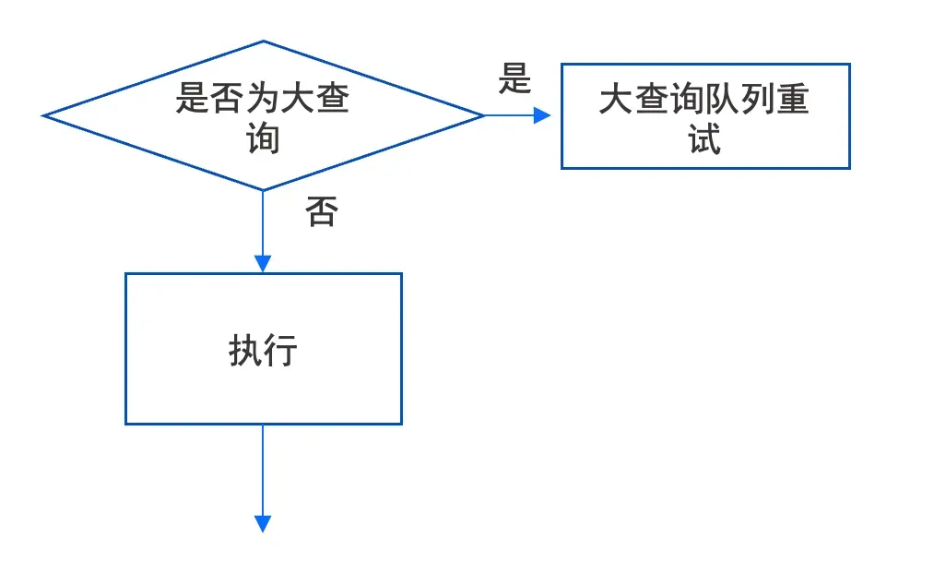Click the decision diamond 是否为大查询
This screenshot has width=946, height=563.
coord(263,116)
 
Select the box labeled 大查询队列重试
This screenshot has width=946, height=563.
coord(704,116)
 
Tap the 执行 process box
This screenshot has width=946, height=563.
coord(263,349)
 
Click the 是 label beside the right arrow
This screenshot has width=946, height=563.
coord(515,79)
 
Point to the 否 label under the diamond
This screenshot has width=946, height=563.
coord(321,213)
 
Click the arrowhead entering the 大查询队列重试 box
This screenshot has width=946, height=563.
coord(542,115)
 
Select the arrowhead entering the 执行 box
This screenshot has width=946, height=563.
coord(263,264)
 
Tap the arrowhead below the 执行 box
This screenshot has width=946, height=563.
coord(263,523)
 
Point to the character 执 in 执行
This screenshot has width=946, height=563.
coord(245,352)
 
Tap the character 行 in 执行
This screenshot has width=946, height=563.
coord(280,352)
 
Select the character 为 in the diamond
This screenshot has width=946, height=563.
coord(263,98)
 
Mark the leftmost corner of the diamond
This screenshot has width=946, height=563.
coord(45,116)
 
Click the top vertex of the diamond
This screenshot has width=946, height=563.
coord(264,42)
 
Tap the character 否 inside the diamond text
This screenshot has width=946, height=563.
coord(228,98)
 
